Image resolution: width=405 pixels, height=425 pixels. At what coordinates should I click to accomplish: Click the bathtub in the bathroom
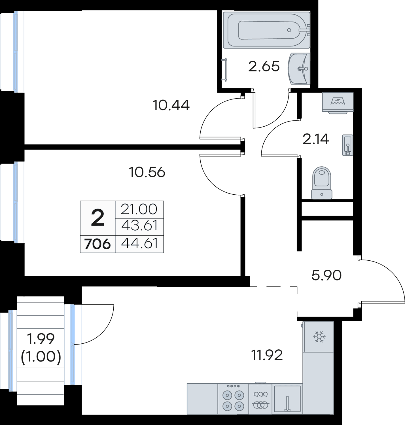[266, 30]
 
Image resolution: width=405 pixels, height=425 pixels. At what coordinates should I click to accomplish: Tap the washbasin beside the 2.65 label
[299, 69]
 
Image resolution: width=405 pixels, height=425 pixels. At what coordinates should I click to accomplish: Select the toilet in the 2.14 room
[322, 183]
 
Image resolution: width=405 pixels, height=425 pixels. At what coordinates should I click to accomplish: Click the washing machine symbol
[338, 102]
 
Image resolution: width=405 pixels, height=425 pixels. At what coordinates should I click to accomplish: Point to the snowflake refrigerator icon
[319, 337]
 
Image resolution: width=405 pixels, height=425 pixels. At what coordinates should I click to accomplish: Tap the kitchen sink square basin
[287, 399]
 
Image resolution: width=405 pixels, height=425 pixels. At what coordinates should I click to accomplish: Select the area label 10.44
[171, 105]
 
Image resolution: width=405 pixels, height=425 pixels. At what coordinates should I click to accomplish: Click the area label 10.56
[147, 172]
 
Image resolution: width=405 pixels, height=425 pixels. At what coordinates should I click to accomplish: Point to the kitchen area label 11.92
[267, 355]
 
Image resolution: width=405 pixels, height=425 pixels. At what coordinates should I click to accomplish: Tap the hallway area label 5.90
[326, 275]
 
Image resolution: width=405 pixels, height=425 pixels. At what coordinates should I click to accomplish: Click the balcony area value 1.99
[41, 339]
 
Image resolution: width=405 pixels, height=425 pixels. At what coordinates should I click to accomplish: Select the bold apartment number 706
[97, 244]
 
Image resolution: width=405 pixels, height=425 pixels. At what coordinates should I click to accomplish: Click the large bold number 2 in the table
[98, 218]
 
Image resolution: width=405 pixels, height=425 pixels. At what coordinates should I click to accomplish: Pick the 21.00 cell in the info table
[139, 209]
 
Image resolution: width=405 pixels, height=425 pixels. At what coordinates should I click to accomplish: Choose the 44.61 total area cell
[139, 243]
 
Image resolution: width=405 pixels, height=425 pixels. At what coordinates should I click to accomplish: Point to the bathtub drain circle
[289, 30]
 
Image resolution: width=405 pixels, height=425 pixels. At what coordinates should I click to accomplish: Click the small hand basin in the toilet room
[348, 145]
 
